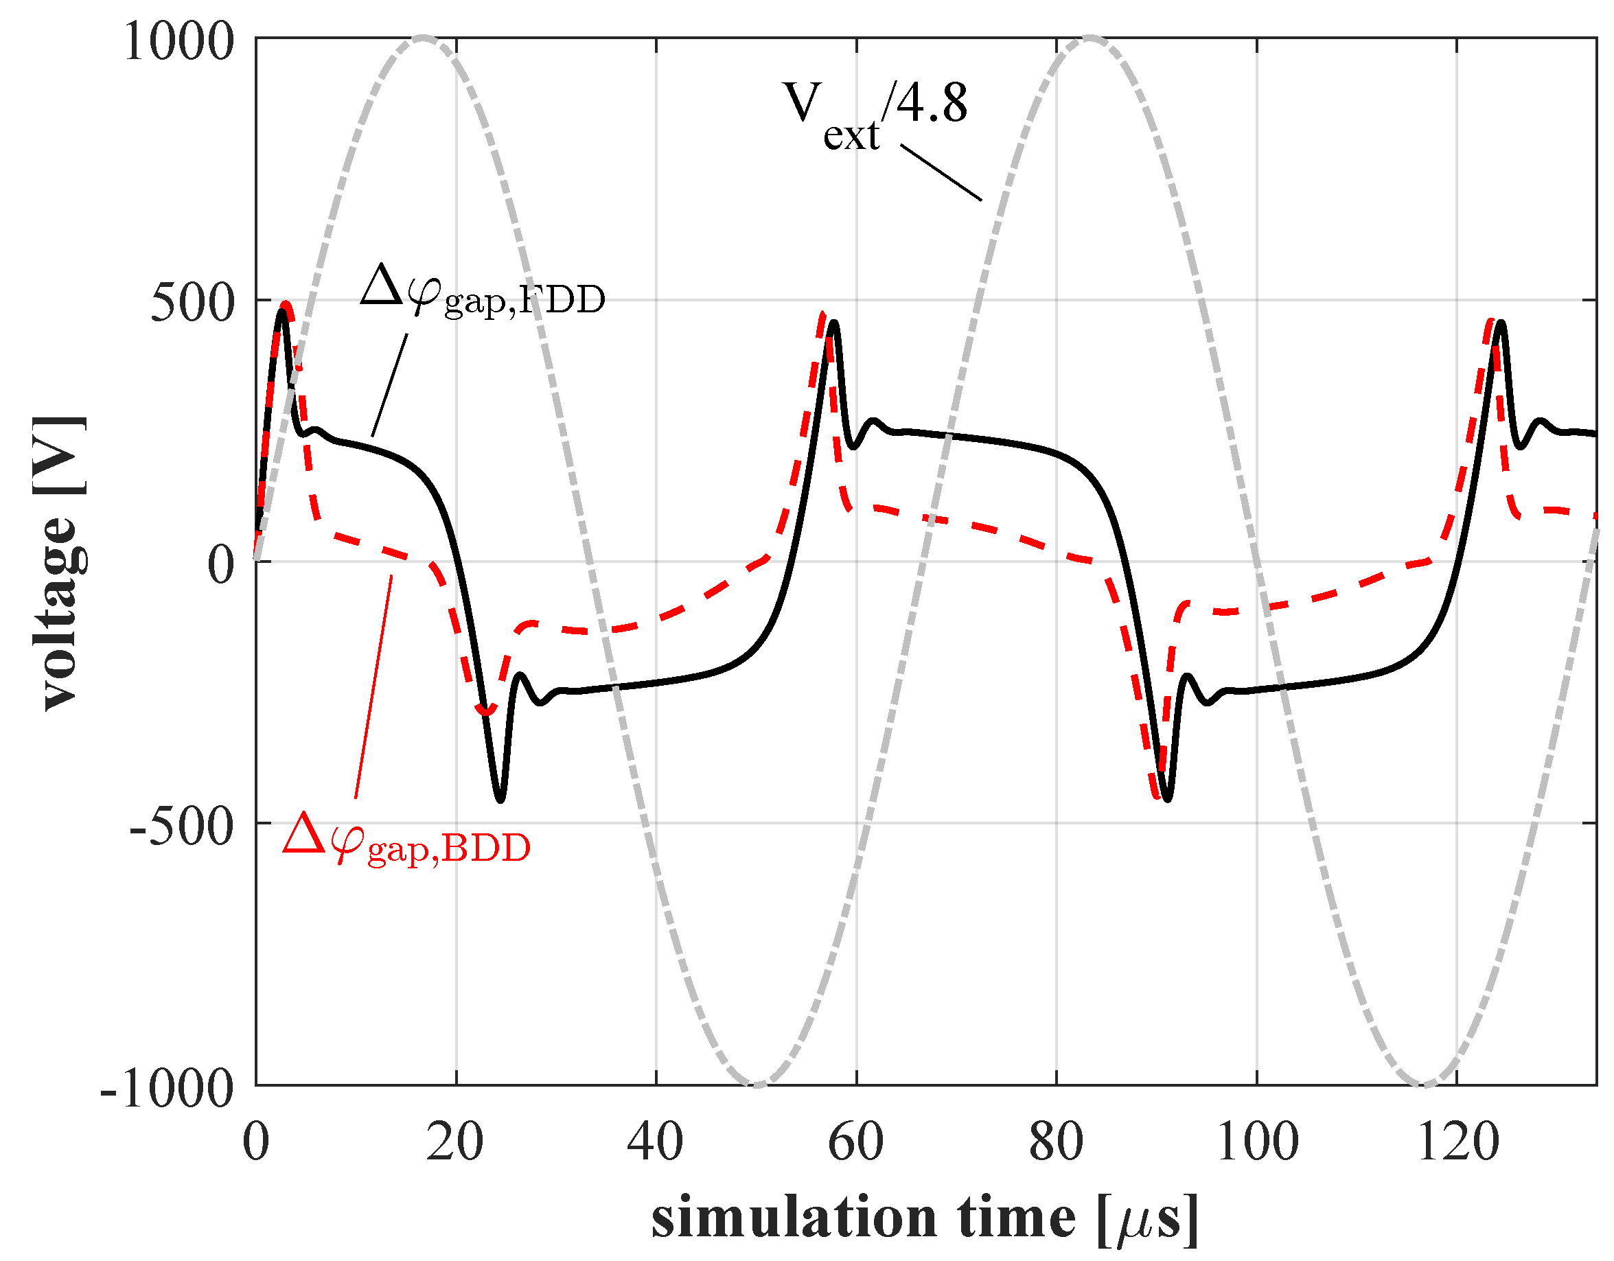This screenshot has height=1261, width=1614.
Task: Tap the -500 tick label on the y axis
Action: coord(182,828)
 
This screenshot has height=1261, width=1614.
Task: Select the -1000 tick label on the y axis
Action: coord(167,1089)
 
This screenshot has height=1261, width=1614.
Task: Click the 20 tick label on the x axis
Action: coord(455,1143)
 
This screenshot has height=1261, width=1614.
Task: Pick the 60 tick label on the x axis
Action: coord(856,1143)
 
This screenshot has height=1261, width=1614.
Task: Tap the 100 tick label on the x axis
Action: coord(1256,1143)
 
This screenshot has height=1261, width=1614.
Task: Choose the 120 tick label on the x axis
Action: coord(1457,1143)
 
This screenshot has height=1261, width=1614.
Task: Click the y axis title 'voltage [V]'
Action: coord(60,563)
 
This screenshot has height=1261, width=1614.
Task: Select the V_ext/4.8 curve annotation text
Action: coord(876,115)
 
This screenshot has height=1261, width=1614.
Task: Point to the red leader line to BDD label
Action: coord(373,687)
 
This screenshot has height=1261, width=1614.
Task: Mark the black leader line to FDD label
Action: coord(389,384)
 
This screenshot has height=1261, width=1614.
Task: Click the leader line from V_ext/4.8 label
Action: coord(941,172)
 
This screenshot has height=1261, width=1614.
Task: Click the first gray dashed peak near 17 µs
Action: coord(423,38)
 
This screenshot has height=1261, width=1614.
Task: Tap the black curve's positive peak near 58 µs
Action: coord(833,323)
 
